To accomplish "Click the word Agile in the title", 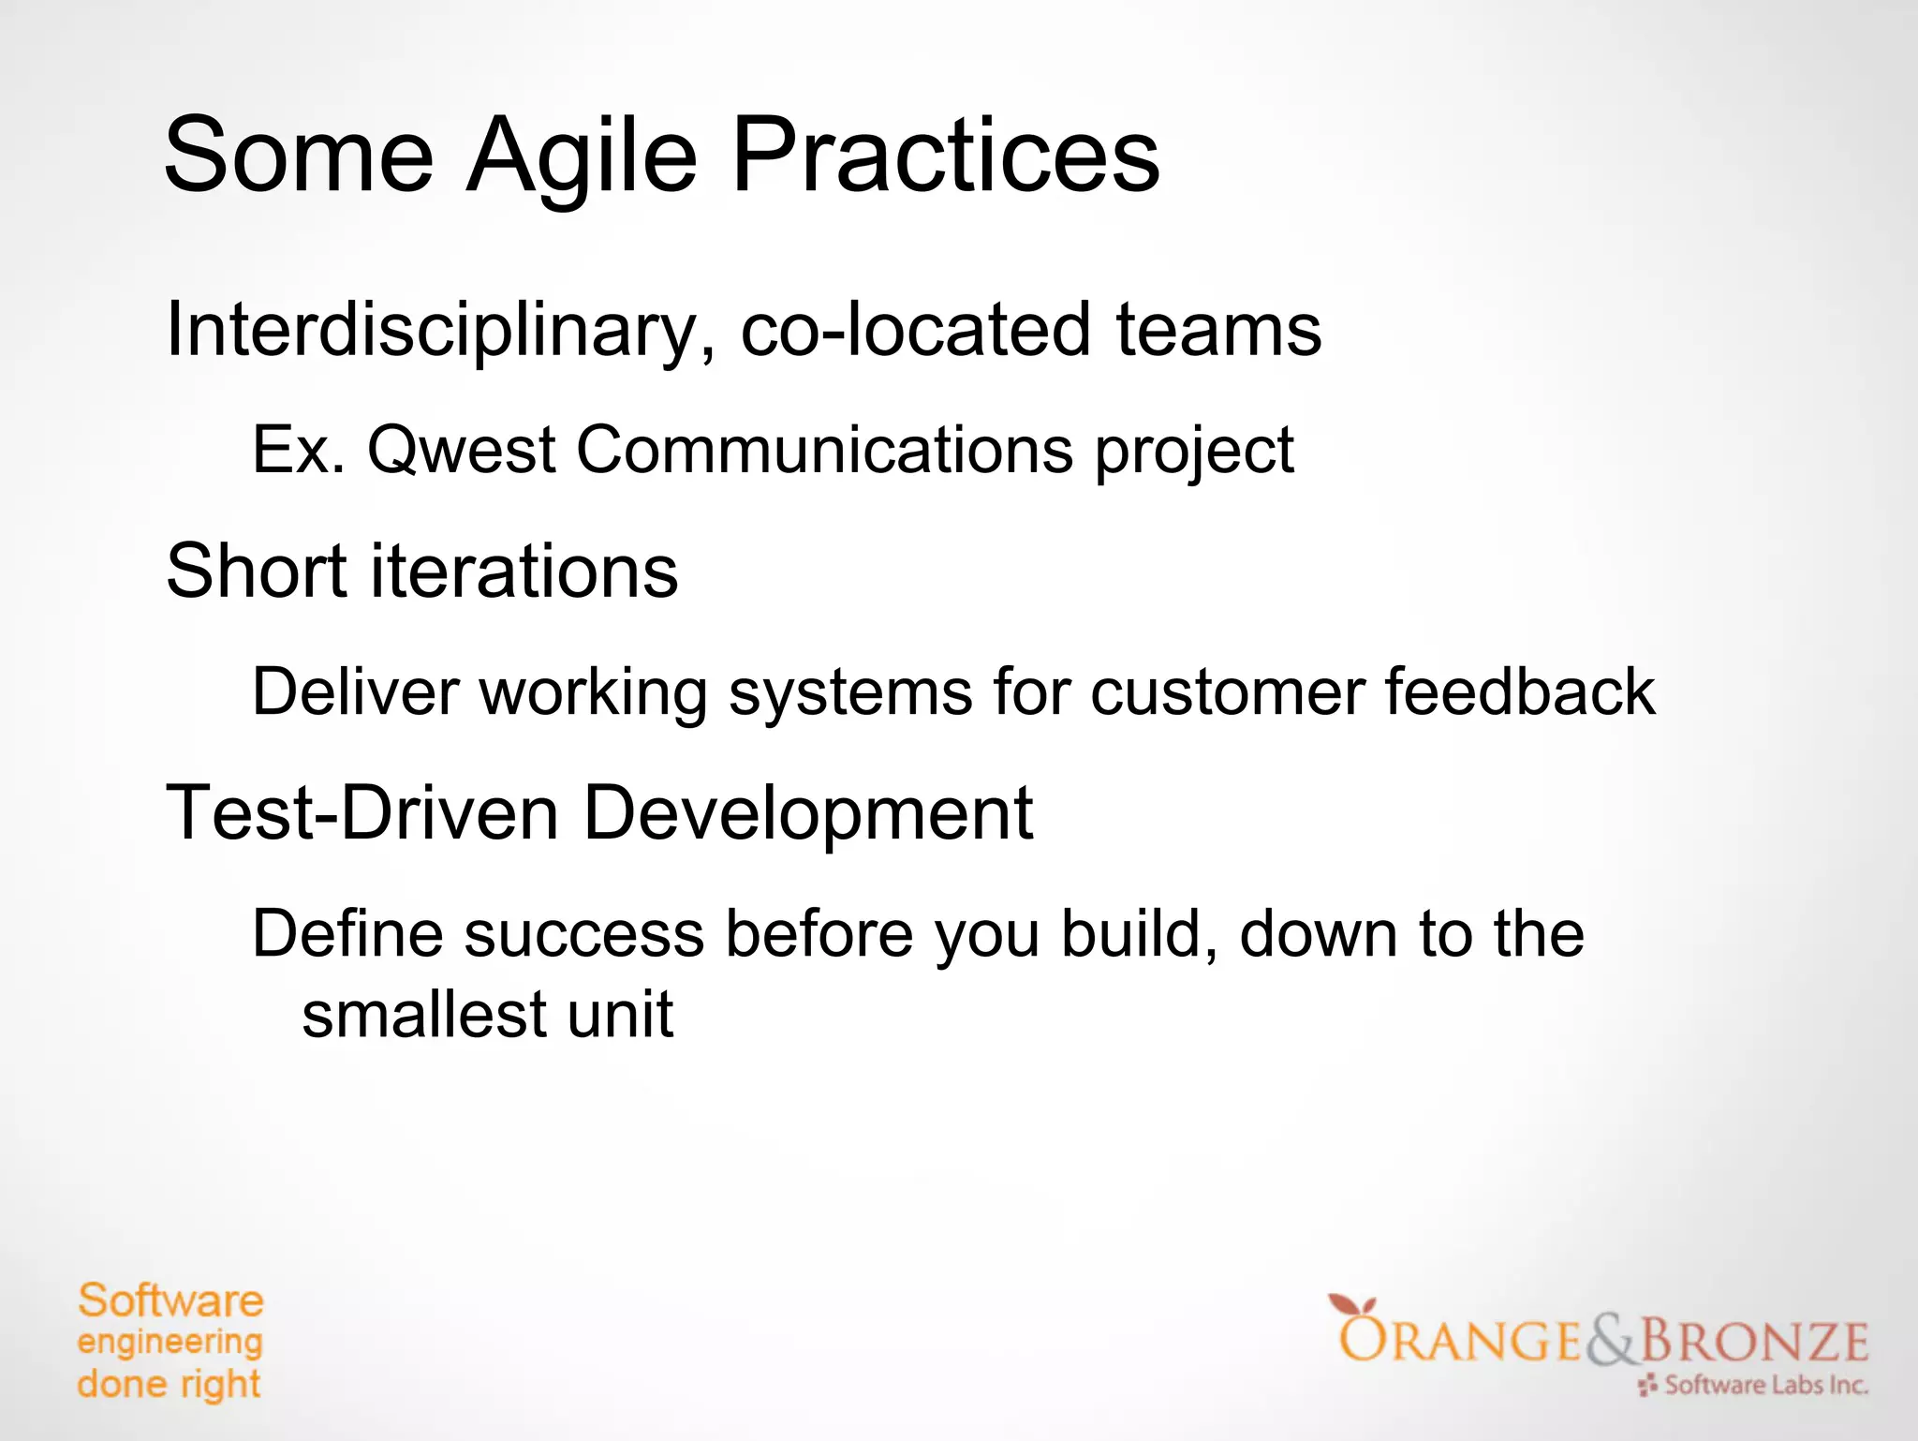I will coord(582,156).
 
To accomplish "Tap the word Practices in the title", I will coord(945,156).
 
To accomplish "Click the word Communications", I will coord(824,451).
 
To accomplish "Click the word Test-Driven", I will coord(362,813).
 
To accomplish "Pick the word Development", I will coord(807,813).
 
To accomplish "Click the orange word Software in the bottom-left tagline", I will coord(170,1301).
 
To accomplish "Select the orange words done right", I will coord(169,1384).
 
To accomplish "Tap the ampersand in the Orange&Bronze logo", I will coord(1610,1342).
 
